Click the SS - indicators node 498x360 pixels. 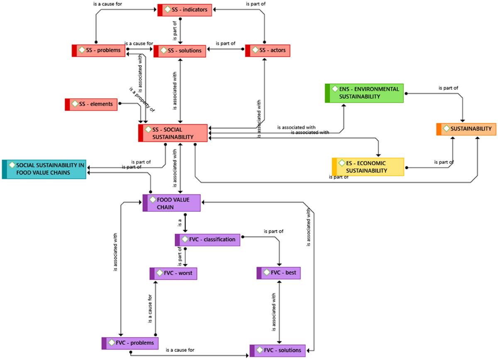click(185, 10)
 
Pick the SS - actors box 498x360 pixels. click(268, 51)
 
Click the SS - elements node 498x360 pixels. click(91, 104)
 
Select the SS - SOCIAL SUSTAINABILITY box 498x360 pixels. click(173, 133)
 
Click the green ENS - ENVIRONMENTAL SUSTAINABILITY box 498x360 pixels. click(364, 93)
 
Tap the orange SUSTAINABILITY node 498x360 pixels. click(466, 129)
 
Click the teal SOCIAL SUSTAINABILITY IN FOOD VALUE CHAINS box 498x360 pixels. click(44, 169)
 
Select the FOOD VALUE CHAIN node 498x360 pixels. click(172, 203)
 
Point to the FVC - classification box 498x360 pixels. click(207, 240)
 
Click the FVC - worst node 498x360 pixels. click(173, 274)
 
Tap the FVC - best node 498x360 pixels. click(278, 273)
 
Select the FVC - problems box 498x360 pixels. click(130, 343)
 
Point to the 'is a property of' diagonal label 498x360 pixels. click(142, 100)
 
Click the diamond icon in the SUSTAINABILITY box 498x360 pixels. click(447, 129)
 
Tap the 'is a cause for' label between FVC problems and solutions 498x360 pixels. click(180, 350)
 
